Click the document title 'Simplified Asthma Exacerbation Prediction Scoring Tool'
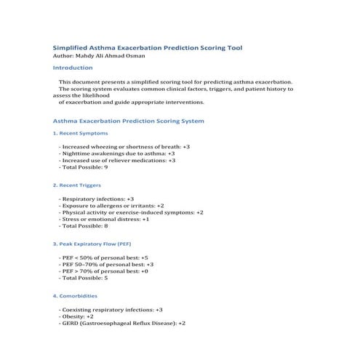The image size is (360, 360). pyautogui.click(x=148, y=47)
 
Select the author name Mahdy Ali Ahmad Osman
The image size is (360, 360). pyautogui.click(x=100, y=55)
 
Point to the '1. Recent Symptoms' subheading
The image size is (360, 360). pyautogui.click(x=81, y=134)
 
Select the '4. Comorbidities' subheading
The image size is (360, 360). pyautogui.click(x=76, y=297)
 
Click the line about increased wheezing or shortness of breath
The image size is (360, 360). pyautogui.click(x=124, y=147)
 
